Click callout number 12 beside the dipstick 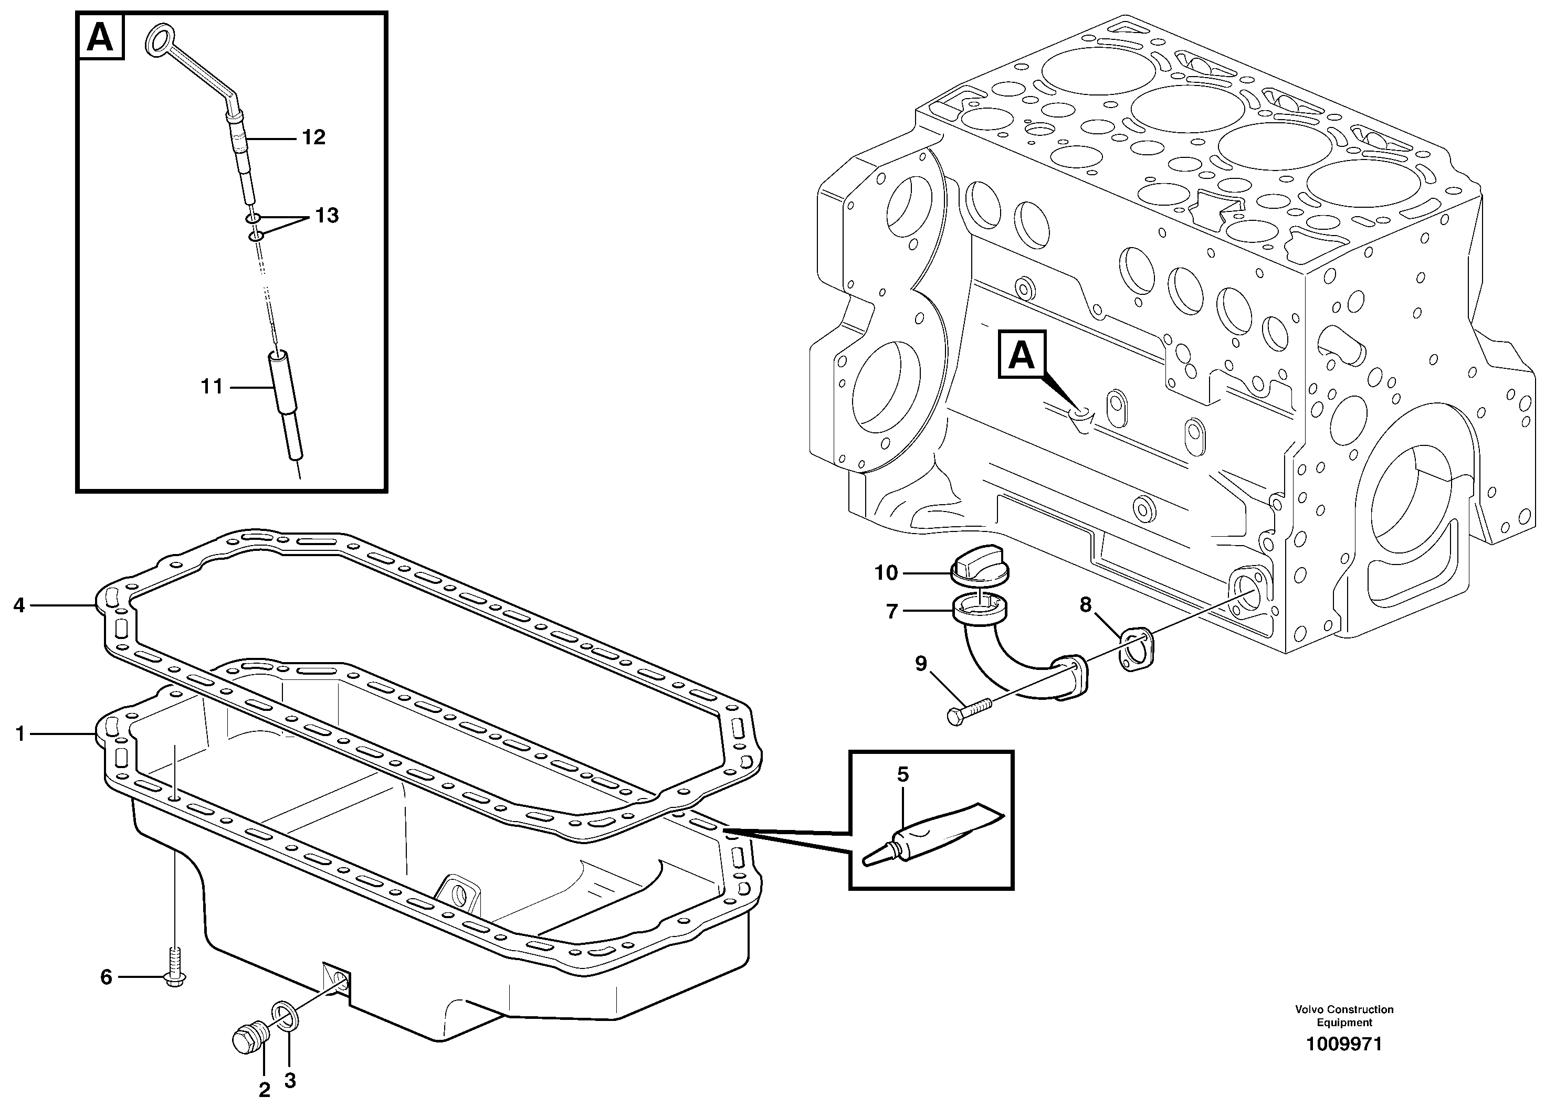click(x=313, y=137)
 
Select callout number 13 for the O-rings click(x=327, y=216)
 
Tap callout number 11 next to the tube click(x=212, y=387)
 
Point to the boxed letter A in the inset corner click(x=100, y=37)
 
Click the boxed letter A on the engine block click(x=1021, y=354)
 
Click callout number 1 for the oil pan click(x=20, y=733)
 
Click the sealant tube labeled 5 click(x=933, y=834)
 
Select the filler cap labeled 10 click(x=979, y=567)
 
